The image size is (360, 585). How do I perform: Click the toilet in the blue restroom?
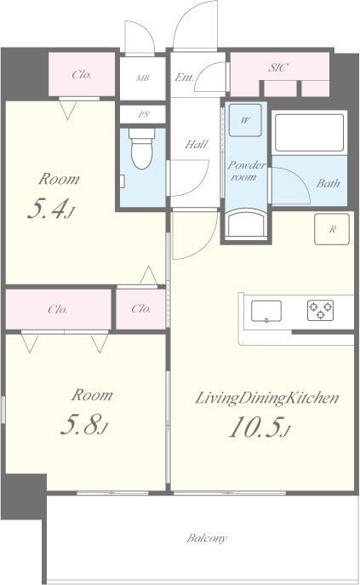coord(142,148)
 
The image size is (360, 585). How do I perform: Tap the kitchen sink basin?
coord(266,311)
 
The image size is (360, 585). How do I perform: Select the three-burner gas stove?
coord(320,311)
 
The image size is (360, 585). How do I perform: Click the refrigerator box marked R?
coord(332,229)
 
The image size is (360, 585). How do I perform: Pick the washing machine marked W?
coord(245,120)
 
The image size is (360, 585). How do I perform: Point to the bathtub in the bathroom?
coord(309,132)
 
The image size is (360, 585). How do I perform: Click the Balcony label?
coord(207,538)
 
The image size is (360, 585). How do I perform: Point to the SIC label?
coord(278,67)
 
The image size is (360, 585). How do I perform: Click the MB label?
coord(142,78)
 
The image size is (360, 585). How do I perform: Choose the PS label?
coord(143,115)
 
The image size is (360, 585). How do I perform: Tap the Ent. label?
coord(185,77)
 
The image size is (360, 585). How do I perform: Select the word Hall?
coord(197,144)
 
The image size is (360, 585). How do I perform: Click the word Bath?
coord(329,183)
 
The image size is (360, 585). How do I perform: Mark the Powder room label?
coord(246,170)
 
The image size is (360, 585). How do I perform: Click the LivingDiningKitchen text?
coord(267,398)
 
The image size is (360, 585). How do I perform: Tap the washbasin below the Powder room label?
coord(247,223)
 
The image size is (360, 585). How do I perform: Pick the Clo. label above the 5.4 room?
coord(82,74)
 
